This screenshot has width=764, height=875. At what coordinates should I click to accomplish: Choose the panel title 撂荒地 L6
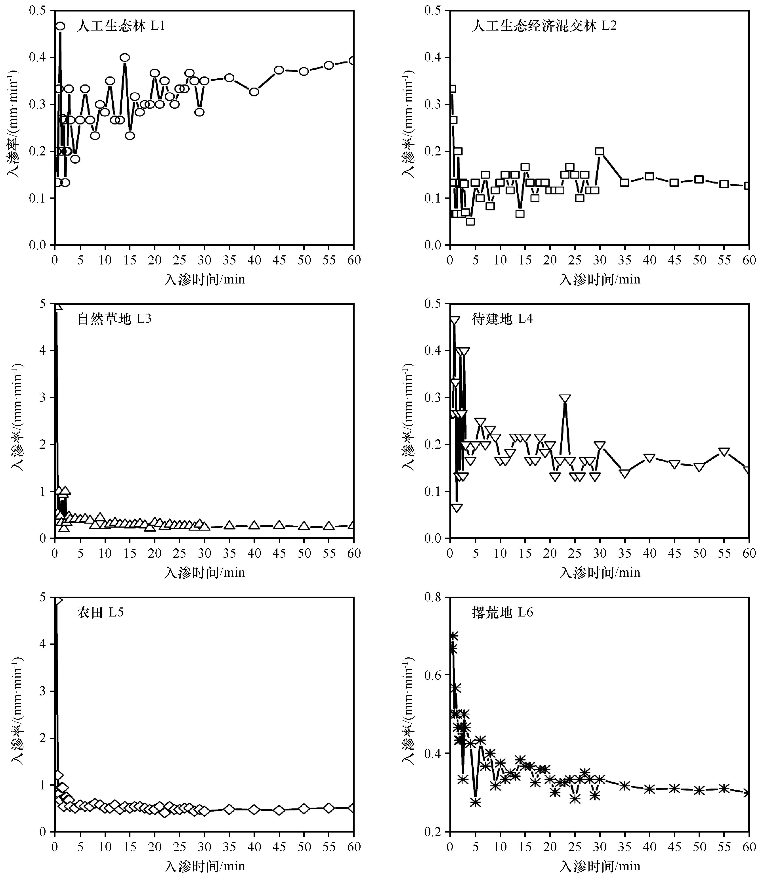click(502, 613)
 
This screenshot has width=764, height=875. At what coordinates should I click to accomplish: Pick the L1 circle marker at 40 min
click(254, 92)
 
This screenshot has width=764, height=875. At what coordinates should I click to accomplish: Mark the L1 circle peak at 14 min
click(124, 57)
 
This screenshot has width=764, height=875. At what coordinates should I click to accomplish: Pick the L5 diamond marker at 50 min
click(304, 808)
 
